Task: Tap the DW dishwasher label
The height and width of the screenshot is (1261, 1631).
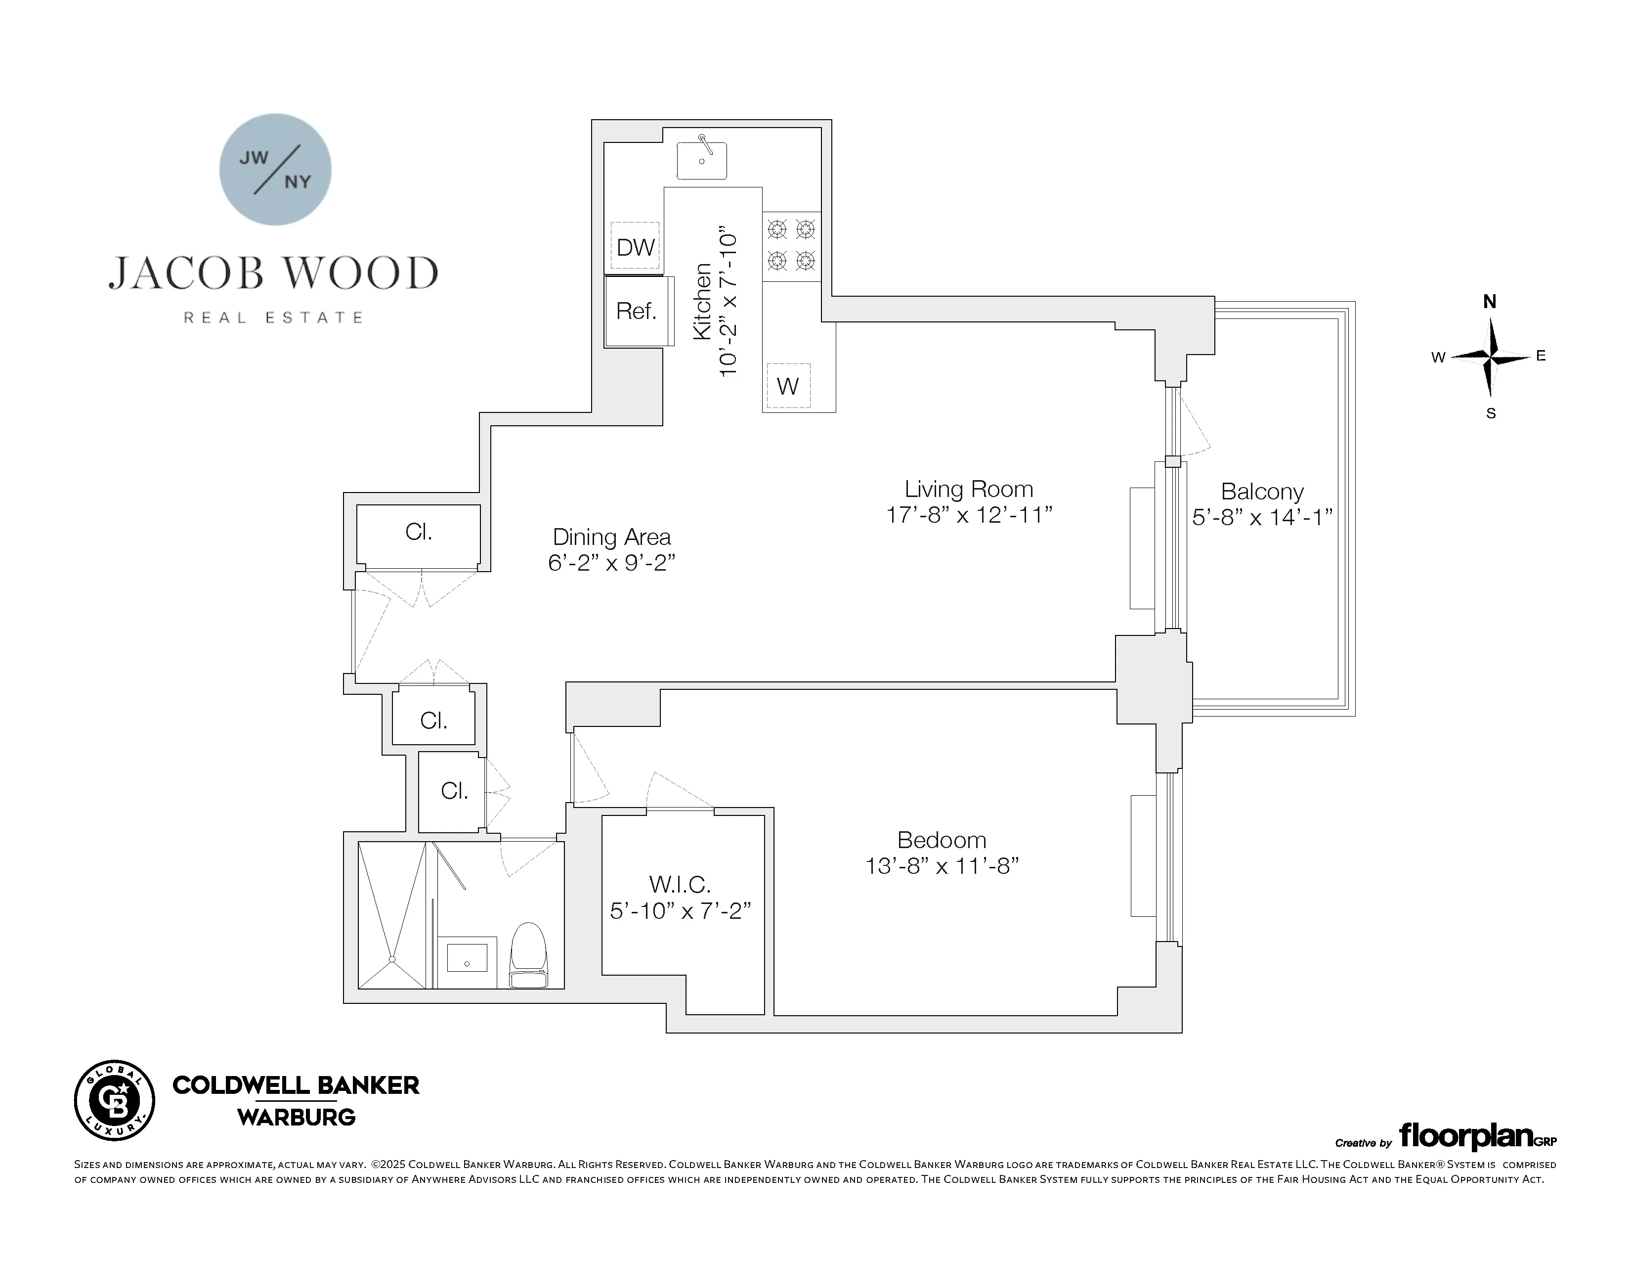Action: [636, 247]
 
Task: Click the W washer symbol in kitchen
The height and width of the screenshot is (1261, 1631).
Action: [788, 386]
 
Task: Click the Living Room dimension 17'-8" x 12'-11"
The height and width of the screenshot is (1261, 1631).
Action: [969, 515]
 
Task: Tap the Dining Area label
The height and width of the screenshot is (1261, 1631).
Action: [612, 537]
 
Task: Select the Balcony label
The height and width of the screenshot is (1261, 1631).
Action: [1262, 492]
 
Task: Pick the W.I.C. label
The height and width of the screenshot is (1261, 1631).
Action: [680, 885]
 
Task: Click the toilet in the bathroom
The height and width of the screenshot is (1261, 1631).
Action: [529, 956]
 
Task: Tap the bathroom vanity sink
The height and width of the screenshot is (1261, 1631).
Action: [467, 958]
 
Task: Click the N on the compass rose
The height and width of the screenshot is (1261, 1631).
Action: [1489, 302]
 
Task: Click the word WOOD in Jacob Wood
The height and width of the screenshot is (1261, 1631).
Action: [362, 273]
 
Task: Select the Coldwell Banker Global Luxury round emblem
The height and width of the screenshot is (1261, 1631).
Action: [114, 1100]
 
